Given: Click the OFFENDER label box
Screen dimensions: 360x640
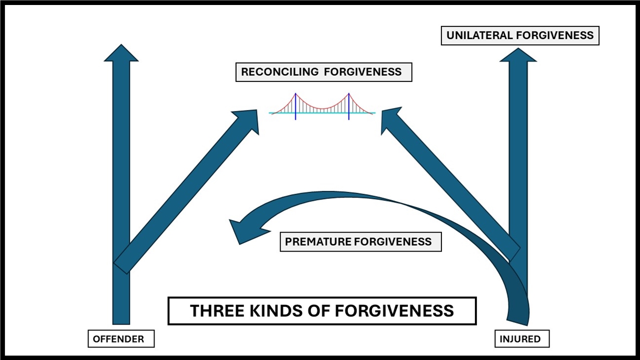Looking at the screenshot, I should [x=118, y=339].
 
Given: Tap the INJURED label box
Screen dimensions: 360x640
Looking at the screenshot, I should [x=520, y=339].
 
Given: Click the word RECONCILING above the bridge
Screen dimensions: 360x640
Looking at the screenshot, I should [x=279, y=72].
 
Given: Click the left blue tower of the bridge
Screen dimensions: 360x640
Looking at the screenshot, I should [x=295, y=106].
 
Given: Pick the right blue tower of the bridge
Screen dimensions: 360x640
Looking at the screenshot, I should [x=348, y=106].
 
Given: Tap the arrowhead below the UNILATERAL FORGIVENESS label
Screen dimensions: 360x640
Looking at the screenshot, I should [x=518, y=55].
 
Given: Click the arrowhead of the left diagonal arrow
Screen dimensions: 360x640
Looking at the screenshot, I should [x=247, y=120].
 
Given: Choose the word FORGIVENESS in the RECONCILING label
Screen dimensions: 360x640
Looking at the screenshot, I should [x=362, y=72].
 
